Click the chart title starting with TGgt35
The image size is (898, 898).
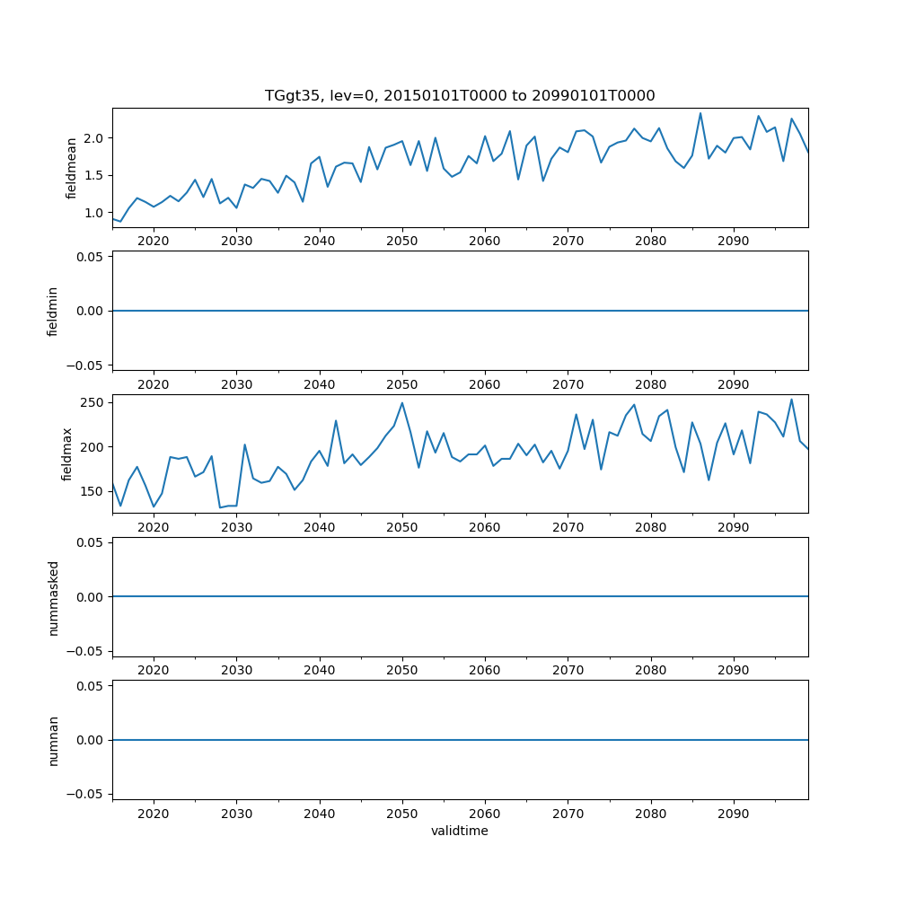(x=459, y=95)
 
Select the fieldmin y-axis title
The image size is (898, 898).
(x=53, y=311)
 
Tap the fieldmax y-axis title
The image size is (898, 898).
(x=66, y=453)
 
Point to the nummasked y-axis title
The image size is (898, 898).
(x=53, y=596)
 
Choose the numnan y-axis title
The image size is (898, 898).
(x=53, y=740)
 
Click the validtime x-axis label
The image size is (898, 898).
(x=459, y=832)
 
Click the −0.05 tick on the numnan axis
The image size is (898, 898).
(x=86, y=794)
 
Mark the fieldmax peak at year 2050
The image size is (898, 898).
(x=402, y=402)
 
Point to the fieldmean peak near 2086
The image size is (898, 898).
(x=700, y=113)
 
